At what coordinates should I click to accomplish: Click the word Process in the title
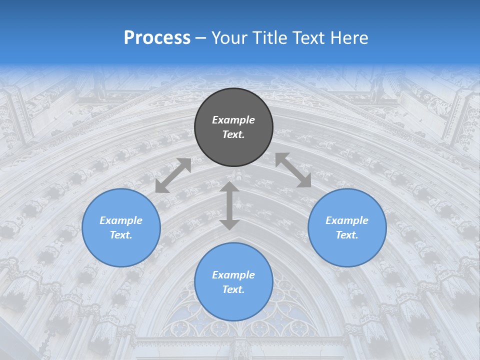pos(157,38)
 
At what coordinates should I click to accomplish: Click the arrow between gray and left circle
pos(173,175)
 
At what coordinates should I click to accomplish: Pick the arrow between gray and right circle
pos(293,170)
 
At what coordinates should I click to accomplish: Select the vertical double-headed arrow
pos(229,205)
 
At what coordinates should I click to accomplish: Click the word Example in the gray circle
pos(233,120)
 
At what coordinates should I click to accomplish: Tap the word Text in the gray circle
pos(233,134)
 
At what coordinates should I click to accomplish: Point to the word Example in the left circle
pos(121,220)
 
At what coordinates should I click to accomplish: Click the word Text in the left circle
pos(121,235)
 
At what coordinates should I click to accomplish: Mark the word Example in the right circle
pos(347,220)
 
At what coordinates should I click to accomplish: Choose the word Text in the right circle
pos(347,235)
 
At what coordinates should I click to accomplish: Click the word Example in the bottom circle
pos(233,275)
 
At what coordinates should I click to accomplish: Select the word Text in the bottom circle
pos(233,289)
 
